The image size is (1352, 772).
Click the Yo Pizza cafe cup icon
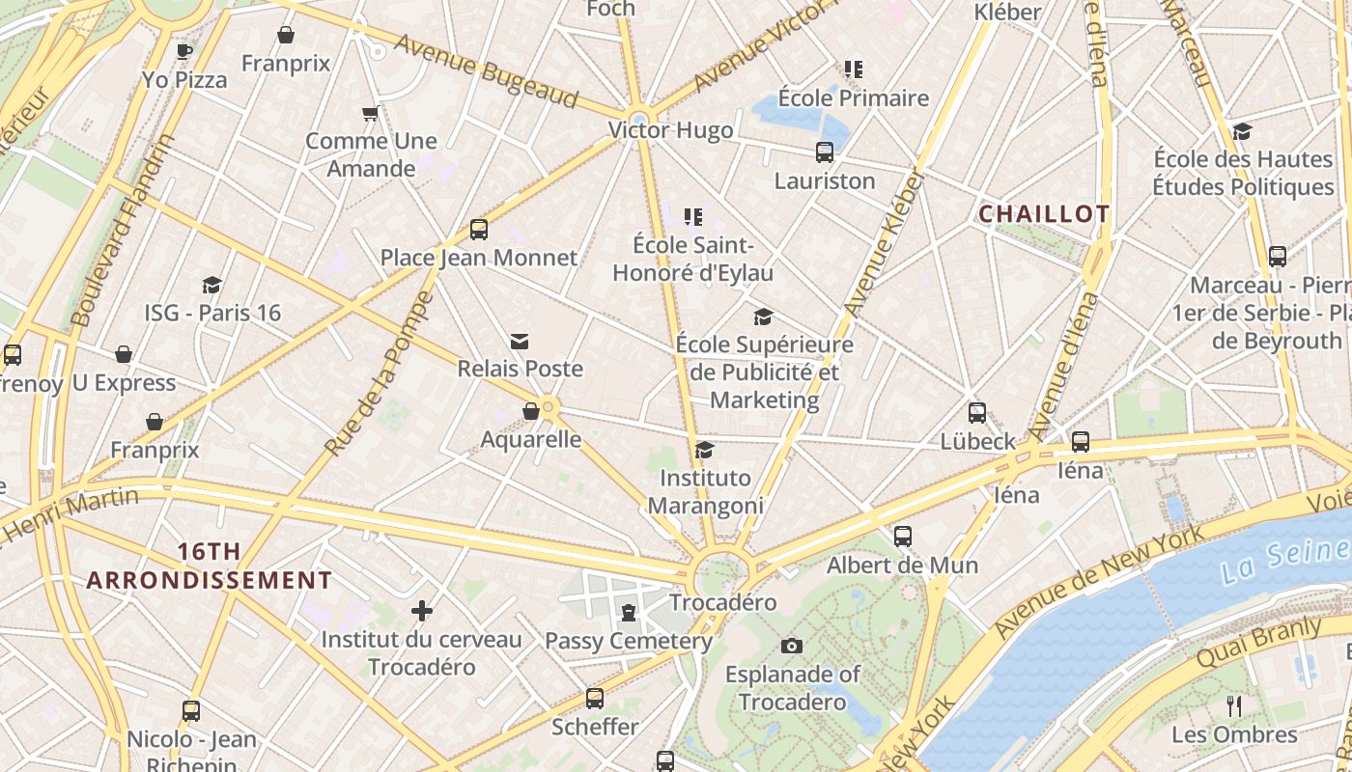point(183,51)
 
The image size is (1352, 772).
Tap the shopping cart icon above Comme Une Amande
point(370,114)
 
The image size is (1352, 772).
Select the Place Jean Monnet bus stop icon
point(478,230)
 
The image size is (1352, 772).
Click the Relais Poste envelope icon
point(520,341)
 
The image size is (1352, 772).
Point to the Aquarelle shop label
point(531,440)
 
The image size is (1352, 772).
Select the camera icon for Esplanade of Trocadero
point(792,646)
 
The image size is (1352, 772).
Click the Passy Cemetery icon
point(629,613)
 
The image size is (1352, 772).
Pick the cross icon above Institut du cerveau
point(421,611)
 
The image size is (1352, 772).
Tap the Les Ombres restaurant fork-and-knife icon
point(1233,705)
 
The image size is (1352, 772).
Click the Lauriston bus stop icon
point(824,152)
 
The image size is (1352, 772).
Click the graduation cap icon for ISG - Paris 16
point(211,285)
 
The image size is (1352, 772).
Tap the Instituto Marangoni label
point(706,491)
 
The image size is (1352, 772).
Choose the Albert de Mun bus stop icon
point(902,537)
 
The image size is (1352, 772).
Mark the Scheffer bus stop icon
point(595,699)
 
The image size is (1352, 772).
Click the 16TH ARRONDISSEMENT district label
point(209,565)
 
